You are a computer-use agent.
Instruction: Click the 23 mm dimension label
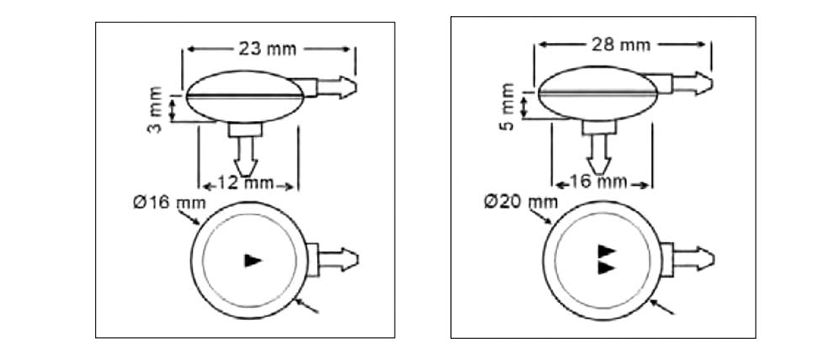(267, 50)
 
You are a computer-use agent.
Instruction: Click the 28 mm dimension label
(621, 45)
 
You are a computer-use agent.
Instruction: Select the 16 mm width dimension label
(597, 182)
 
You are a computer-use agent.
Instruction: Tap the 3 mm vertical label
(155, 109)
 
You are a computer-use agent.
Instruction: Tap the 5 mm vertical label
(507, 107)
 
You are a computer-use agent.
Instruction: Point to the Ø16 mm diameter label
(169, 203)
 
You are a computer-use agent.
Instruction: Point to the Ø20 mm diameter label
(521, 202)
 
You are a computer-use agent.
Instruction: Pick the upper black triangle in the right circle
(607, 251)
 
